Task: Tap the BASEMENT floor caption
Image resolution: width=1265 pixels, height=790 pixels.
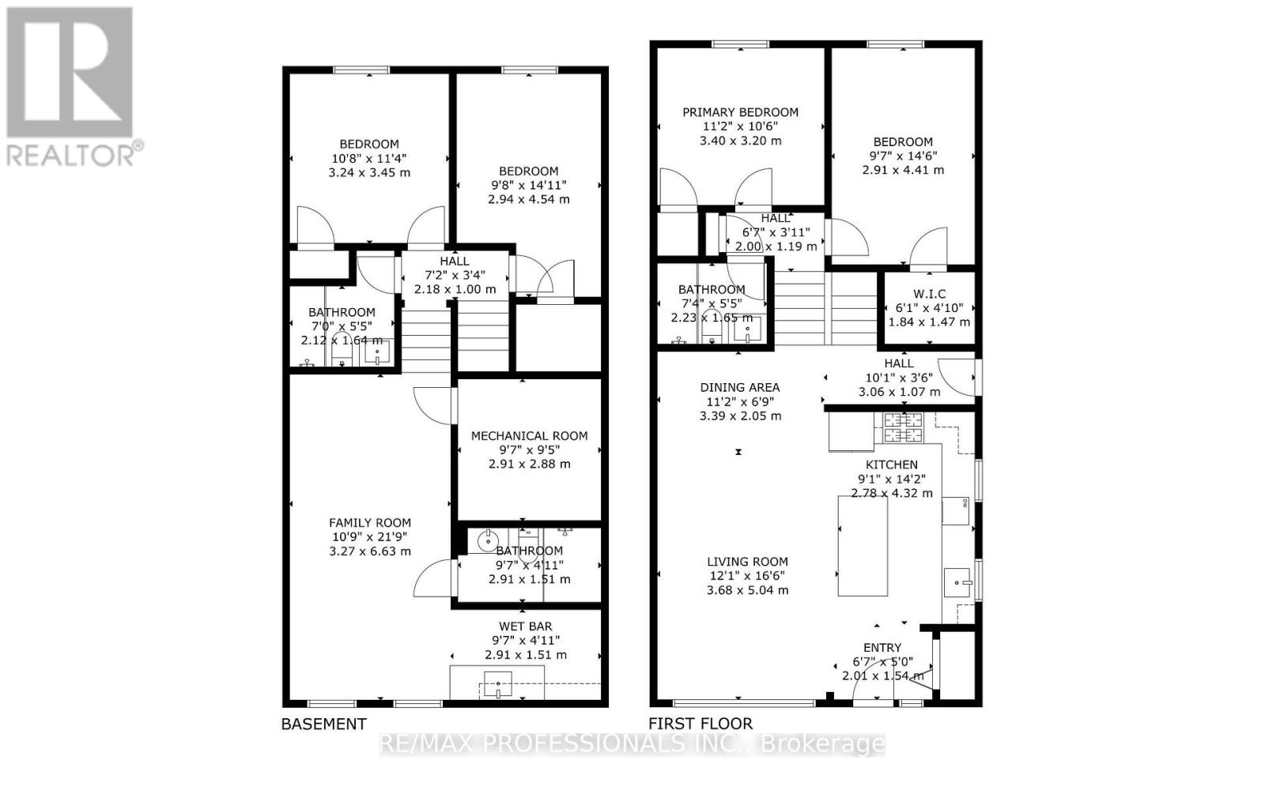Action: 324,724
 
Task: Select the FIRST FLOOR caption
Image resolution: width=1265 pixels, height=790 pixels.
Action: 700,724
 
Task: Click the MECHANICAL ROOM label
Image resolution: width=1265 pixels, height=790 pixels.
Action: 529,435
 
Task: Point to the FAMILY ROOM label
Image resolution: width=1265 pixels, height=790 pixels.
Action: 370,522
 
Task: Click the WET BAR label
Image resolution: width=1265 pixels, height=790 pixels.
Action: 525,626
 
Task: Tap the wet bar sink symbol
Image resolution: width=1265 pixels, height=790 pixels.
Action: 498,684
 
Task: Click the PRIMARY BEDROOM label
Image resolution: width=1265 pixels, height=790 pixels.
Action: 740,112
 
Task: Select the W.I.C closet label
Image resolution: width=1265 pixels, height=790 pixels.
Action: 929,294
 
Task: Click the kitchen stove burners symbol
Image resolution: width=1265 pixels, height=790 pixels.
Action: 902,427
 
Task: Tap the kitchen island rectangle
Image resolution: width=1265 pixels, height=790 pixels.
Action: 863,546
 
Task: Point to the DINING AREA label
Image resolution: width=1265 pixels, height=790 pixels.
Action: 740,387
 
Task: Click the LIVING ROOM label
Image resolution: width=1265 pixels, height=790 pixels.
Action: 747,562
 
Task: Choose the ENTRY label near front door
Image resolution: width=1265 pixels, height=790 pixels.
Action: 882,648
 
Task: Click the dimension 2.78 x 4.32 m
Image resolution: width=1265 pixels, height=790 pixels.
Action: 892,493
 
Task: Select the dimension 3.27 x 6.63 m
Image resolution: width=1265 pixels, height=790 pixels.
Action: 370,551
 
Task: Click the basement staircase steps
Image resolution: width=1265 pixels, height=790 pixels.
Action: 455,340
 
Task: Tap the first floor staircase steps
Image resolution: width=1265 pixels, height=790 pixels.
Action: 826,308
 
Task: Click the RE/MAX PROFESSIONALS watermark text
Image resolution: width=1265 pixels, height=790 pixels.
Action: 632,744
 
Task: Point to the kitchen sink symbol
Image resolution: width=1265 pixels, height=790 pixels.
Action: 960,583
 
